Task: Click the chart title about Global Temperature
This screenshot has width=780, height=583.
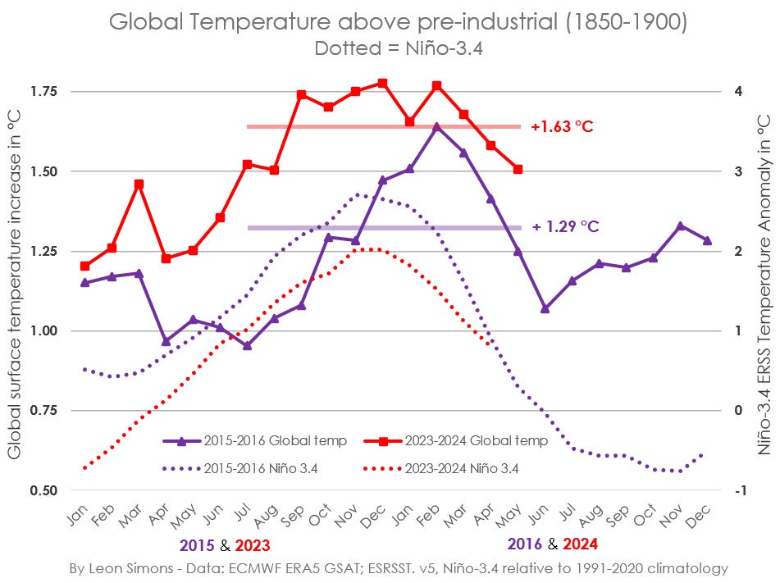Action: point(399,23)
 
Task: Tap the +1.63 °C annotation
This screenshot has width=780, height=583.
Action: point(562,127)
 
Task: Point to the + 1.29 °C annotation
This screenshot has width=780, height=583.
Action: point(565,226)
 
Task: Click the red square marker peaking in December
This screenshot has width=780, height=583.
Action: point(382,83)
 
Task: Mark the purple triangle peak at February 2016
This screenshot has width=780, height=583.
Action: point(436,126)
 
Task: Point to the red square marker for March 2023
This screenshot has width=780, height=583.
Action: point(139,184)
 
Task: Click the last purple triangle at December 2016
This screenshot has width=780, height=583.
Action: point(707,240)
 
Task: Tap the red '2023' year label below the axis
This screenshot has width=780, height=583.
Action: point(252,544)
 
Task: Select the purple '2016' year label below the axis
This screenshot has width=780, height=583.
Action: point(525,544)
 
